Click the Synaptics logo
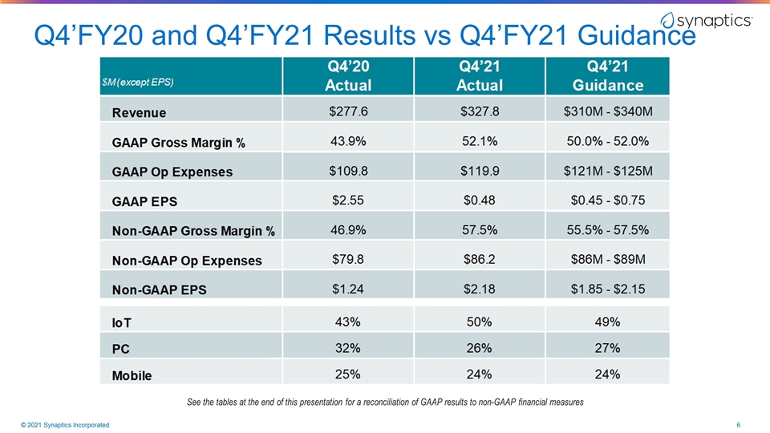706,21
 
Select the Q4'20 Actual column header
348,75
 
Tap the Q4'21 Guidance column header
607,75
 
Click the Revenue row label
139,113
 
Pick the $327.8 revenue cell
480,111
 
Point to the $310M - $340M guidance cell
608,111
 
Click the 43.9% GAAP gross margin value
348,141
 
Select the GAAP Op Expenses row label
172,172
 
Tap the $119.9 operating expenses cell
480,171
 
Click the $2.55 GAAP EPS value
348,200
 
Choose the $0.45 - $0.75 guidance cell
608,200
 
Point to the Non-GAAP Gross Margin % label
193,231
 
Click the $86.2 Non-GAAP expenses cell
480,259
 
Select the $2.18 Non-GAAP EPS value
480,289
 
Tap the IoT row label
122,323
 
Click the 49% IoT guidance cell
607,322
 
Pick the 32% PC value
347,348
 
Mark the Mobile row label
132,375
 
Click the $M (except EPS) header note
137,82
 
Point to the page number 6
738,425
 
